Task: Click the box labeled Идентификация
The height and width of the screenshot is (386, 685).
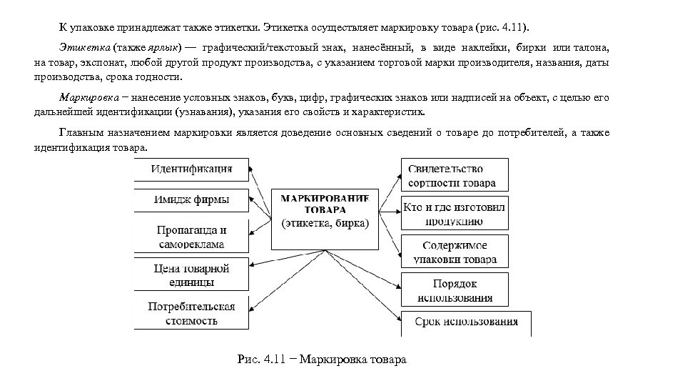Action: tap(191, 170)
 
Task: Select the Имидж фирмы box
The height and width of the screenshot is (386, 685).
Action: tap(191, 199)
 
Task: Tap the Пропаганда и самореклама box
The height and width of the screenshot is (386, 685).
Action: tap(191, 237)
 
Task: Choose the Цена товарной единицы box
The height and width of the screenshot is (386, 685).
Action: tap(191, 275)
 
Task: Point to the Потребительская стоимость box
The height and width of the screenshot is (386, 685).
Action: tap(191, 314)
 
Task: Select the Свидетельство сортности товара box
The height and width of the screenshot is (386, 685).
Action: tap(455, 176)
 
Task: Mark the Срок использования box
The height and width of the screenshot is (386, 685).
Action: tap(465, 323)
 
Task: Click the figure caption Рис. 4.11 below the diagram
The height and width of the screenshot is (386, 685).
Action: tap(321, 359)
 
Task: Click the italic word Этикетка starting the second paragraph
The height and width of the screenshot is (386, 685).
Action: tap(81, 47)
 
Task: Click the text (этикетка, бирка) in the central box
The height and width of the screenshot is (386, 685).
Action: tap(325, 223)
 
